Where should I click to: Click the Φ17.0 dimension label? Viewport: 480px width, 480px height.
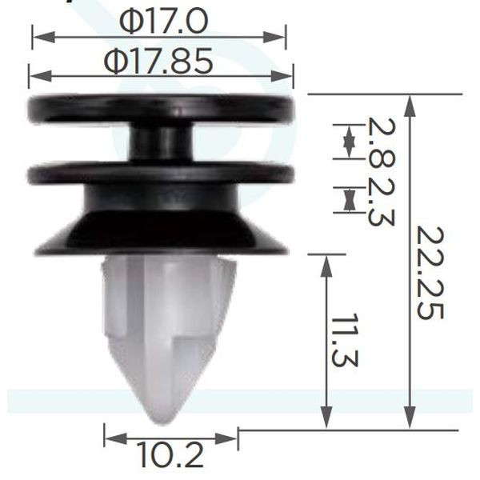[163, 22]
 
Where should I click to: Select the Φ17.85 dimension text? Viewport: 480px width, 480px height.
[158, 61]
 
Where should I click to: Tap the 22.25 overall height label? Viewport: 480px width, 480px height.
[430, 273]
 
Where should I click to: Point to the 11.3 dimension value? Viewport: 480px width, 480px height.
[345, 340]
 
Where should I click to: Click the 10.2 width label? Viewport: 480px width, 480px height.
[170, 454]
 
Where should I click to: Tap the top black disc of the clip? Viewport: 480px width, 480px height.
[161, 109]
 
